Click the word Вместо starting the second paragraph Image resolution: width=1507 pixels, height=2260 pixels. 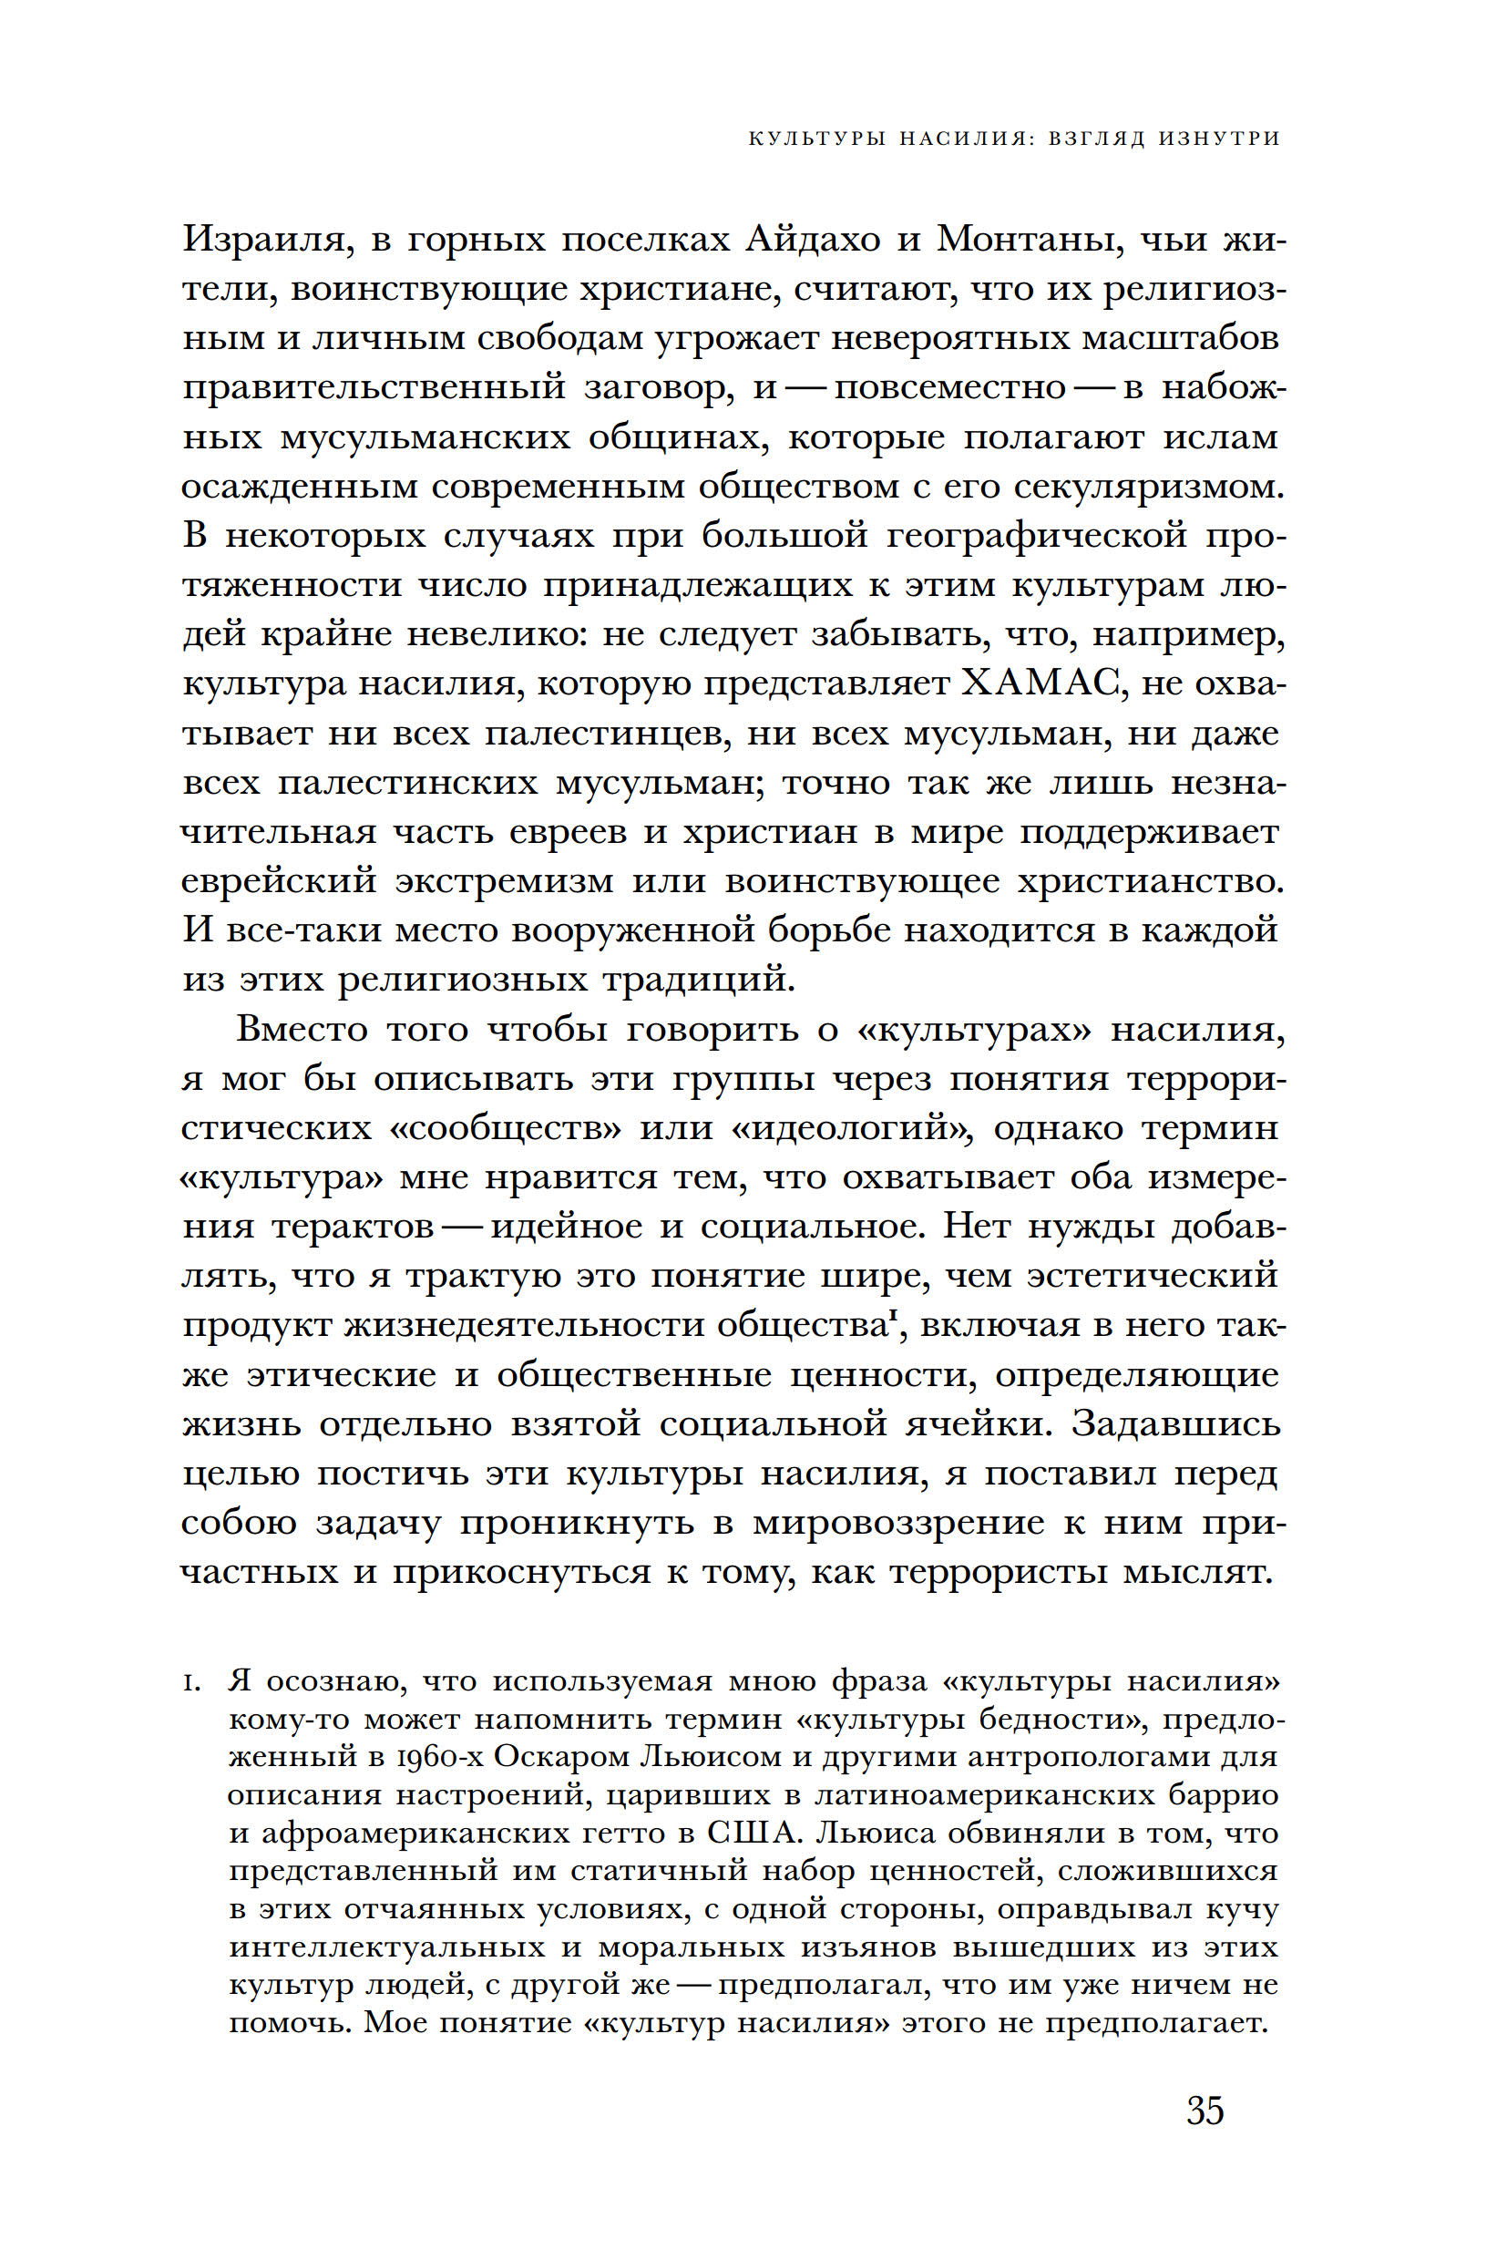coord(302,1030)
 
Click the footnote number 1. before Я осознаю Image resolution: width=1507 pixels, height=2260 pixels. coord(191,1682)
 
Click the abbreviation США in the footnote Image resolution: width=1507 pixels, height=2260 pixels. coord(753,1833)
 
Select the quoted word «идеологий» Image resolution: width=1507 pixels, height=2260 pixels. coord(852,1128)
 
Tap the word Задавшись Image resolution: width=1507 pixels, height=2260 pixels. coord(1176,1423)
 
